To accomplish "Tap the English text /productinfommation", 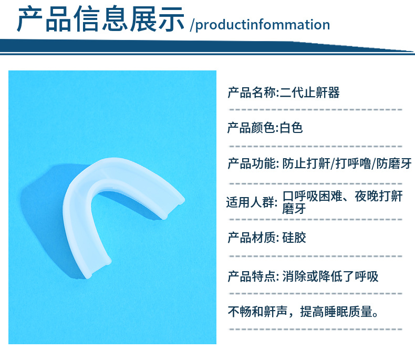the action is (260, 25).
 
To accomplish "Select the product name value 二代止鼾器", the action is (309, 92).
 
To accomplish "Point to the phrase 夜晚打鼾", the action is (379, 196).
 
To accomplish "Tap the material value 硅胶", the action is (294, 238).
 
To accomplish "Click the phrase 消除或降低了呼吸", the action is (330, 276).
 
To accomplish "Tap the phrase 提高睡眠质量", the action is (336, 312).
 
